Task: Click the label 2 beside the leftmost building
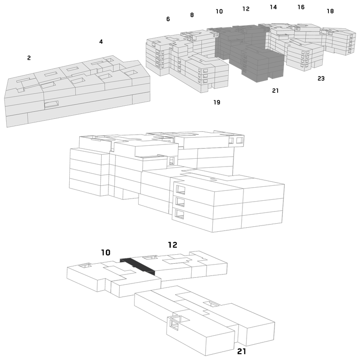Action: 29,58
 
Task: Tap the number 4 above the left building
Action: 101,41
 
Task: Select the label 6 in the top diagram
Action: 168,19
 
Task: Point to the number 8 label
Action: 192,15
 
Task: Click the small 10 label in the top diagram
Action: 219,11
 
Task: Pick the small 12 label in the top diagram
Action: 246,9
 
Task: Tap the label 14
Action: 273,7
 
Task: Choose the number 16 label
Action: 301,7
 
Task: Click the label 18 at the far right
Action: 330,11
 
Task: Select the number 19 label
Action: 217,102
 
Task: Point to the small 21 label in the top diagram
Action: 275,91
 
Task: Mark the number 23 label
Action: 321,78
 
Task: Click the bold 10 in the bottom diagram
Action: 106,252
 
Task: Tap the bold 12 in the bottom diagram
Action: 173,245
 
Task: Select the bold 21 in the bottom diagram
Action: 242,351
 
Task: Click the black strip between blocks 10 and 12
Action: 138,266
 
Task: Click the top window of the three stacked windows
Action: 180,189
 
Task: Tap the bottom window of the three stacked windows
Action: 180,214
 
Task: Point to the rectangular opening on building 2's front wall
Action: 52,104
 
